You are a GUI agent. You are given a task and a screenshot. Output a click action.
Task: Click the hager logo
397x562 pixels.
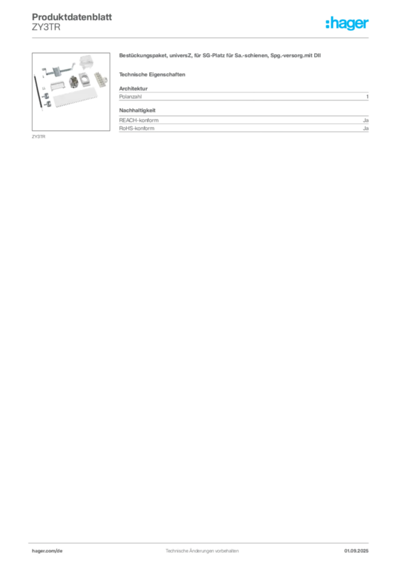347,24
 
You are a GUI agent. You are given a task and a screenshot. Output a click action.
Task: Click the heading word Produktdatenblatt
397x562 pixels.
72,17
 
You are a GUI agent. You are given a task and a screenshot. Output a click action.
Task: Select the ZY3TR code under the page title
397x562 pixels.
46,27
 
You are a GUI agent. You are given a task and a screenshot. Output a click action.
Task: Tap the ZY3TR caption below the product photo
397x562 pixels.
39,137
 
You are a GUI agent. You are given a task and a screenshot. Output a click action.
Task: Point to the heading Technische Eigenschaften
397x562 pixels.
152,75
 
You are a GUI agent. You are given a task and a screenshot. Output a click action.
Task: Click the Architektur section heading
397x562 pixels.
133,88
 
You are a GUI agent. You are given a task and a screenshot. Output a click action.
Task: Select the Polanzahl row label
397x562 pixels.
131,97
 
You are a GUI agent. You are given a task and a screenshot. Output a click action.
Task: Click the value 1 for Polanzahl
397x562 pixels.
367,97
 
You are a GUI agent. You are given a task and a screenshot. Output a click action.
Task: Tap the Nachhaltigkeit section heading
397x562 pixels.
138,110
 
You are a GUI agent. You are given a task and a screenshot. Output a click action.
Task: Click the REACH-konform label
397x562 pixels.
139,120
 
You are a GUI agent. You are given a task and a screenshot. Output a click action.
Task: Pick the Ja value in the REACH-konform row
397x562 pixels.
366,120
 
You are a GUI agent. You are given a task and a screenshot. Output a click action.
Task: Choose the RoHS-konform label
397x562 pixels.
137,128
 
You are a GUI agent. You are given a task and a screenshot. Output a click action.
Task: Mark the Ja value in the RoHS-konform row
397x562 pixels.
366,128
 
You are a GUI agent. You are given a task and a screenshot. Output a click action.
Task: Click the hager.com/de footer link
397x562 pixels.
47,551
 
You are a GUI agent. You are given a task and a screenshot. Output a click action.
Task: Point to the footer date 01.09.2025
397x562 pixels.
356,551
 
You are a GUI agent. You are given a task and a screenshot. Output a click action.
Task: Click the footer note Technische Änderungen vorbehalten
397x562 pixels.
202,551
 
